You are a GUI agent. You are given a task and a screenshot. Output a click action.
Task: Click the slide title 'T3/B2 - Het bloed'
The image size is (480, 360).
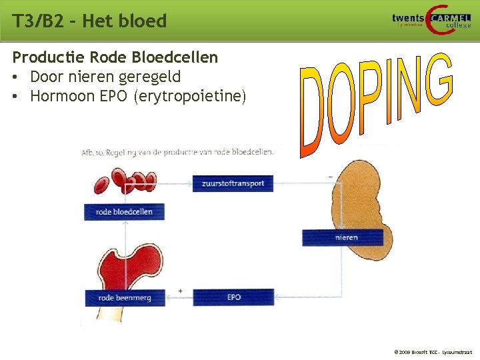(x=89, y=21)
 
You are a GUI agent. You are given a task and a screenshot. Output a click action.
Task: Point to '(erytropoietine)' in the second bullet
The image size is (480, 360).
(x=189, y=97)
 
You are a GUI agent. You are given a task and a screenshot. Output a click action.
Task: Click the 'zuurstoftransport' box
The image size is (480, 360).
(x=233, y=183)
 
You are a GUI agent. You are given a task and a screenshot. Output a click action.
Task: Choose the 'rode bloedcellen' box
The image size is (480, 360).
(x=124, y=212)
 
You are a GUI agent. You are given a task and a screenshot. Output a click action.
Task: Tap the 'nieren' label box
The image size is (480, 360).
(x=343, y=237)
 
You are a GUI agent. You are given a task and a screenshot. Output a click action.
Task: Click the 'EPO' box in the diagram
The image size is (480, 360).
(x=233, y=297)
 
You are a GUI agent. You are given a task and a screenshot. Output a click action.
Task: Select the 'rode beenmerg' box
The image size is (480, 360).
(x=124, y=297)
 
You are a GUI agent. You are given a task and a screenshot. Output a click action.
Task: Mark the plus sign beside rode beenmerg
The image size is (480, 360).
(x=181, y=291)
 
